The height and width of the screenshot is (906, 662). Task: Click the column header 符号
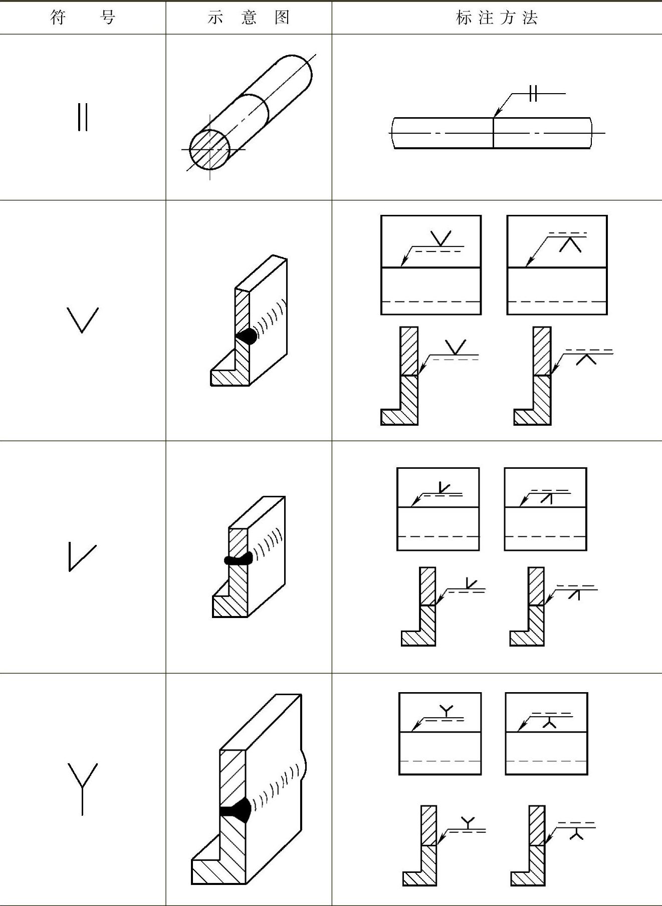(83, 18)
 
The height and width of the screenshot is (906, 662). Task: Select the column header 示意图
(249, 18)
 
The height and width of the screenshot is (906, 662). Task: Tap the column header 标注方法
(497, 18)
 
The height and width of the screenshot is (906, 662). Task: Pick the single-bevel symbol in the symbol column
(82, 557)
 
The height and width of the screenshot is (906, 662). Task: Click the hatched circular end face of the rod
(209, 150)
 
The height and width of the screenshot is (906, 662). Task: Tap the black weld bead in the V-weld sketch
(247, 336)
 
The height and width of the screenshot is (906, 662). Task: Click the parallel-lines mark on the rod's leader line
(533, 93)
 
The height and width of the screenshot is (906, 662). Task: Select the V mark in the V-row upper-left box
(441, 238)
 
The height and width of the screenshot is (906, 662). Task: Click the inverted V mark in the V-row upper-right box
(570, 244)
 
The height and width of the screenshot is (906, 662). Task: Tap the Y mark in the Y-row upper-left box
(446, 711)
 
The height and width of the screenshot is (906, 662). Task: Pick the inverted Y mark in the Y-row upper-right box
(550, 722)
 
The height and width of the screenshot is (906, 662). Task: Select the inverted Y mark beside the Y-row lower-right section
(577, 833)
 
